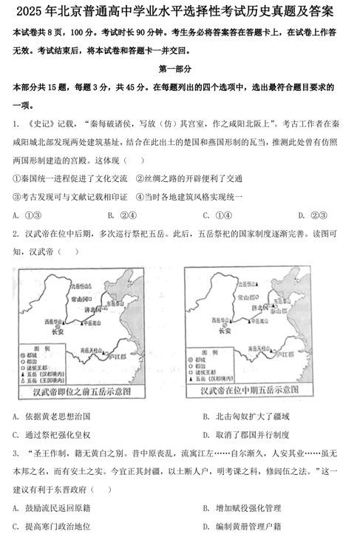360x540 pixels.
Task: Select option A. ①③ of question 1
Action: click(x=26, y=215)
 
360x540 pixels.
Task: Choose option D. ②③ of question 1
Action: click(x=308, y=215)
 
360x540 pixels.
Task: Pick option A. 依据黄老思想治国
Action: click(x=51, y=416)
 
